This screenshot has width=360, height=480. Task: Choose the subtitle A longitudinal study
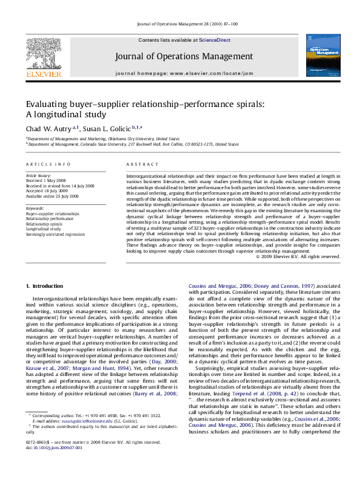(66, 114)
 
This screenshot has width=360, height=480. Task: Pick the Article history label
(38, 175)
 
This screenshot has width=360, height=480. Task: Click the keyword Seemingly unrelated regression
(53, 234)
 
